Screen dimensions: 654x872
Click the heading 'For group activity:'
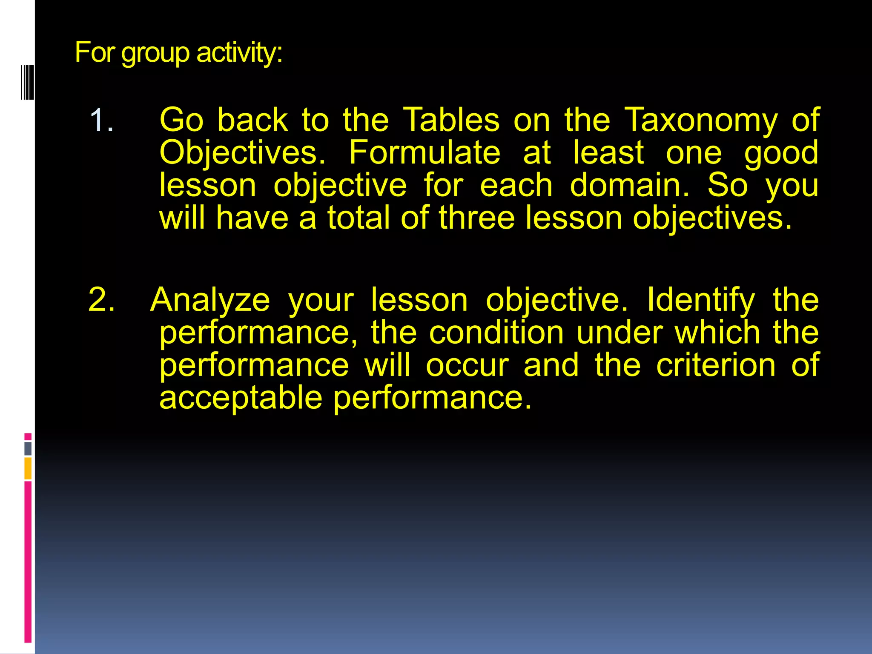178,53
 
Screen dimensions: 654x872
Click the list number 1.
101,120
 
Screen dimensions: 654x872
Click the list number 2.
101,300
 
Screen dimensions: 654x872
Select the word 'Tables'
451,120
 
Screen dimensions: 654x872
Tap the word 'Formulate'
425,153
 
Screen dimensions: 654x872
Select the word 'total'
358,218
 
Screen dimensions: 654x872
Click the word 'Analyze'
210,301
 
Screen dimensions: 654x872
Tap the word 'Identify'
701,301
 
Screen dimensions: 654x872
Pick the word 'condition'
496,333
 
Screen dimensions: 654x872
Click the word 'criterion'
716,365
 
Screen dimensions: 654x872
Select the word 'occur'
467,365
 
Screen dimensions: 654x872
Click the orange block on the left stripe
28,468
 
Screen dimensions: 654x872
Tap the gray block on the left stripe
28,448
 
